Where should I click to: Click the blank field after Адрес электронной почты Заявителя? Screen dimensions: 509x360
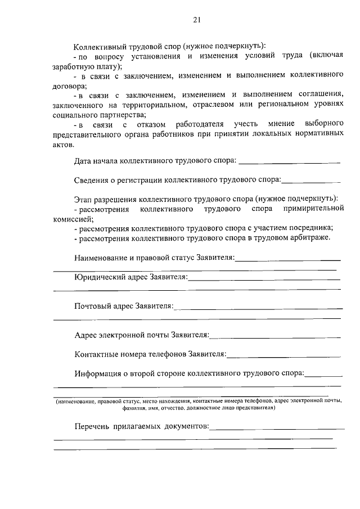tap(275, 336)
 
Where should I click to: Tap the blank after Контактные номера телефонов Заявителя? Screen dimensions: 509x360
tap(284, 356)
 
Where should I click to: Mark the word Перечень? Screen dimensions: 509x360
tap(91, 427)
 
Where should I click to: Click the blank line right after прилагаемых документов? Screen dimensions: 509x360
tap(276, 429)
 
